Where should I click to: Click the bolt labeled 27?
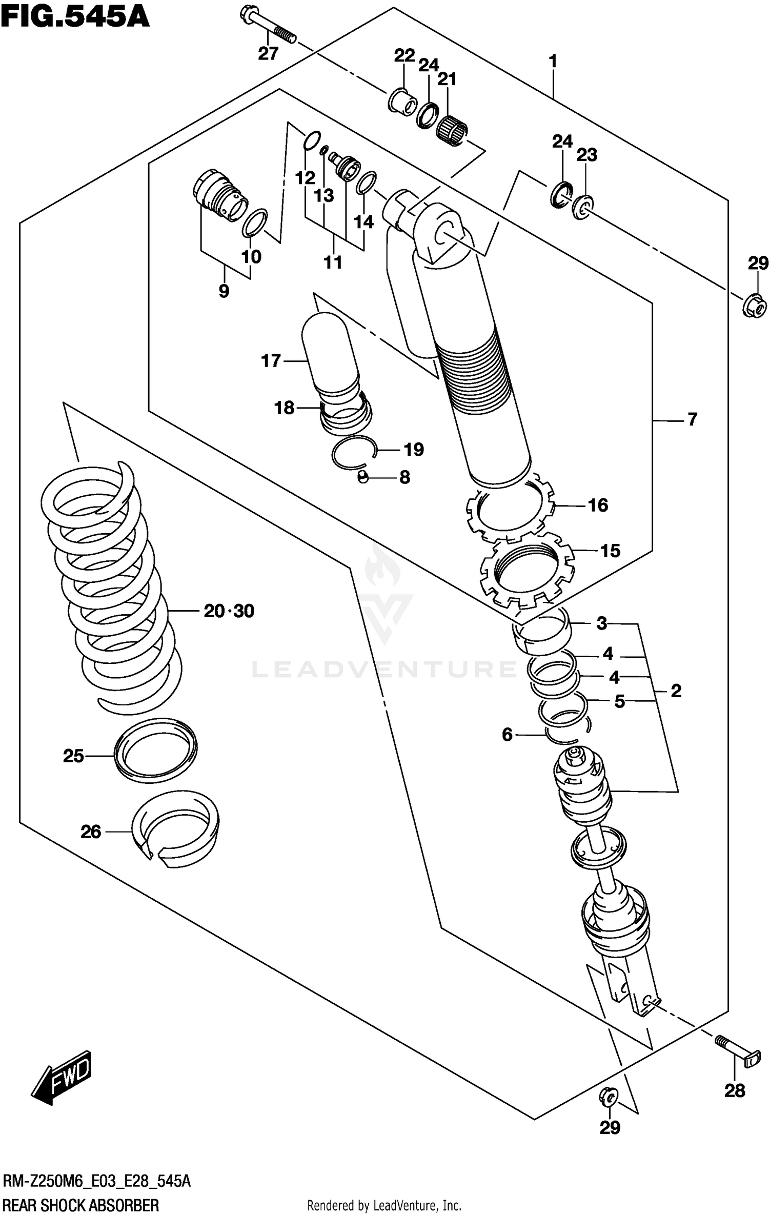pos(268,26)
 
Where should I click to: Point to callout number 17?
pos(271,361)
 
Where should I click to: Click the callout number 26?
pos(91,832)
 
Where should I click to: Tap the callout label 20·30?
pos(229,611)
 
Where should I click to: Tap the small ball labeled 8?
pos(362,477)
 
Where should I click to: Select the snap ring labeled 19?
pos(354,452)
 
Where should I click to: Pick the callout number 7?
pos(692,419)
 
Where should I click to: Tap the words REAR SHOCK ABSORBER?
pos(81,1204)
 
